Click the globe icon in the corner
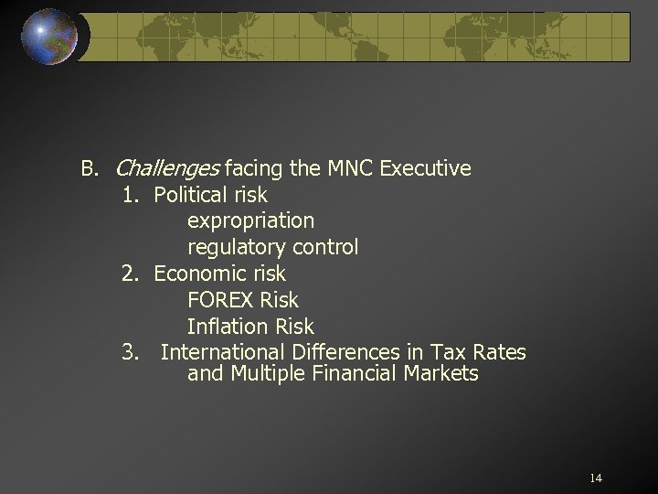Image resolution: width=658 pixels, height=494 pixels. (x=50, y=37)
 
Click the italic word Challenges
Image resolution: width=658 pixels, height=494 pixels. (x=167, y=169)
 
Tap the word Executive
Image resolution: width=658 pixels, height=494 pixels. (x=425, y=168)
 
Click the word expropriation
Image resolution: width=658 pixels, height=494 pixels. (x=250, y=221)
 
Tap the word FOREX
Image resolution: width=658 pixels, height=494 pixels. (x=220, y=300)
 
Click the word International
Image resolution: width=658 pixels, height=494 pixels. (x=223, y=352)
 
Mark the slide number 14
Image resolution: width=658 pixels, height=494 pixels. (x=596, y=478)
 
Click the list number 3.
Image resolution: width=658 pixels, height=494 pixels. (x=130, y=352)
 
